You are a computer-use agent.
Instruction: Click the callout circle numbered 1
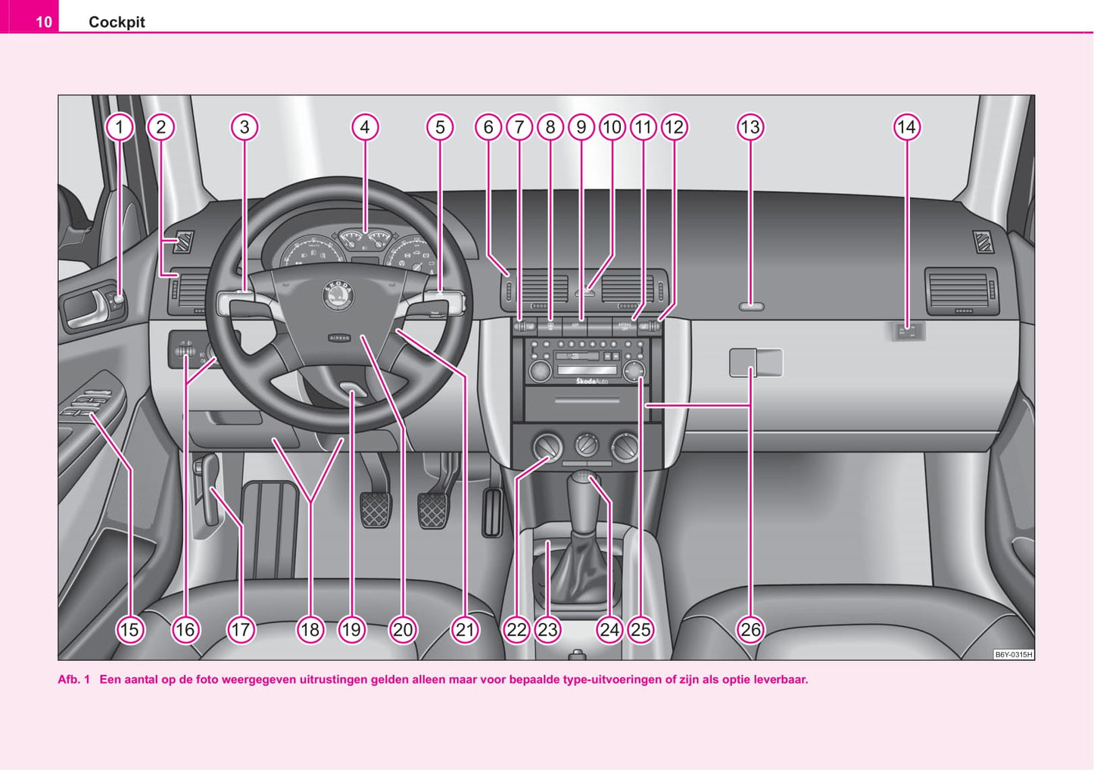coord(119,127)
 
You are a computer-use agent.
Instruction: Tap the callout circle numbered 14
coord(906,127)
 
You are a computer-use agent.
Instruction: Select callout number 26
coord(750,629)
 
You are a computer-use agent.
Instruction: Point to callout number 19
coord(351,629)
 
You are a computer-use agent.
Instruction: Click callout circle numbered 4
coord(365,127)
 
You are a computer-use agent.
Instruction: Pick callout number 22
coord(516,629)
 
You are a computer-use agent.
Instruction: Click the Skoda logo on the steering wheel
coord(338,295)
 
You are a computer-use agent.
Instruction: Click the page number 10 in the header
coord(44,22)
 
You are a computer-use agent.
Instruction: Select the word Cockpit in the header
coord(117,22)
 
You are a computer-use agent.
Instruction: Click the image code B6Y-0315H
coord(1013,654)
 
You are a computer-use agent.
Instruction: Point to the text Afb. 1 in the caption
coord(73,679)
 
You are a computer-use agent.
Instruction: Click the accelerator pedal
coord(492,513)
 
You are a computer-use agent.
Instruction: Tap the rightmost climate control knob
coord(625,447)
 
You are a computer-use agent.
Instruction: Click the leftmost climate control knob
coord(547,447)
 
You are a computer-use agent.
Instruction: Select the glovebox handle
coord(755,363)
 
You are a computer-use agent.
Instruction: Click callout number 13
coord(750,127)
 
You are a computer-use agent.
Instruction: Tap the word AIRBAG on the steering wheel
coord(339,338)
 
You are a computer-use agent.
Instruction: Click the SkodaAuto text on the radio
coord(592,381)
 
